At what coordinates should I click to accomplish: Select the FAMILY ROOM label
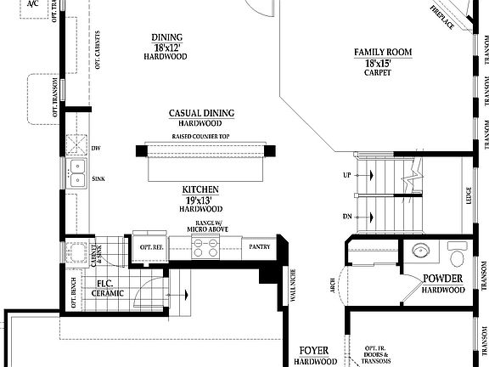[383, 53]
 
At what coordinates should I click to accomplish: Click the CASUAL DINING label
[201, 113]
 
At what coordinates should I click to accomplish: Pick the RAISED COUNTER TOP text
[201, 137]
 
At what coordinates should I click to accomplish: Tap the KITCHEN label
[200, 189]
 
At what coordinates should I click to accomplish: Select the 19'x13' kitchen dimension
[200, 199]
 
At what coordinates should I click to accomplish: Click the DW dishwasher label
[96, 147]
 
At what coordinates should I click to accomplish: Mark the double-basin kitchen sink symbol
[76, 172]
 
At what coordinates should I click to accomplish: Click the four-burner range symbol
[205, 247]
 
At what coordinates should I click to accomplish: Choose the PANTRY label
[259, 247]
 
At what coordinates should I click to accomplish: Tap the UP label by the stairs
[346, 175]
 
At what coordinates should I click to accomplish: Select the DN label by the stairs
[346, 217]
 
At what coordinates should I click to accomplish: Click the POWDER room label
[444, 279]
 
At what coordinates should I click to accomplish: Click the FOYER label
[314, 350]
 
